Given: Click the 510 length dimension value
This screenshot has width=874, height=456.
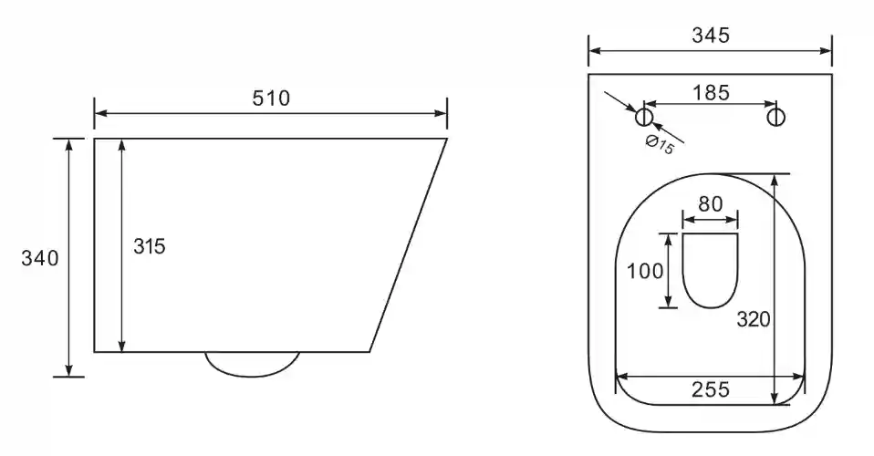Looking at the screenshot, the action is pyautogui.click(x=271, y=98).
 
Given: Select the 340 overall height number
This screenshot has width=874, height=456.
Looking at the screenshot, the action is pyautogui.click(x=39, y=258).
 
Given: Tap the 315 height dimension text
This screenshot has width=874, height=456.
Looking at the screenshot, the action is pyautogui.click(x=150, y=246).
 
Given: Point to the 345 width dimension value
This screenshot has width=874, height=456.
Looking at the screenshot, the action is pyautogui.click(x=711, y=36).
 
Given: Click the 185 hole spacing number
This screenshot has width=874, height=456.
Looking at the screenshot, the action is pyautogui.click(x=711, y=92).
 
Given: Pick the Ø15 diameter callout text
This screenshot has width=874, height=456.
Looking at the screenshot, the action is pyautogui.click(x=660, y=145).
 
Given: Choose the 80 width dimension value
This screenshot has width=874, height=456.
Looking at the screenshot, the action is pyautogui.click(x=711, y=204).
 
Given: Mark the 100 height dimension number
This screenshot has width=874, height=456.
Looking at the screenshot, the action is pyautogui.click(x=645, y=271).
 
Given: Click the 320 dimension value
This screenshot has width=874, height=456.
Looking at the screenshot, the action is pyautogui.click(x=754, y=319).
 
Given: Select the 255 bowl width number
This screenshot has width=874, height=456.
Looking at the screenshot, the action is pyautogui.click(x=711, y=389).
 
